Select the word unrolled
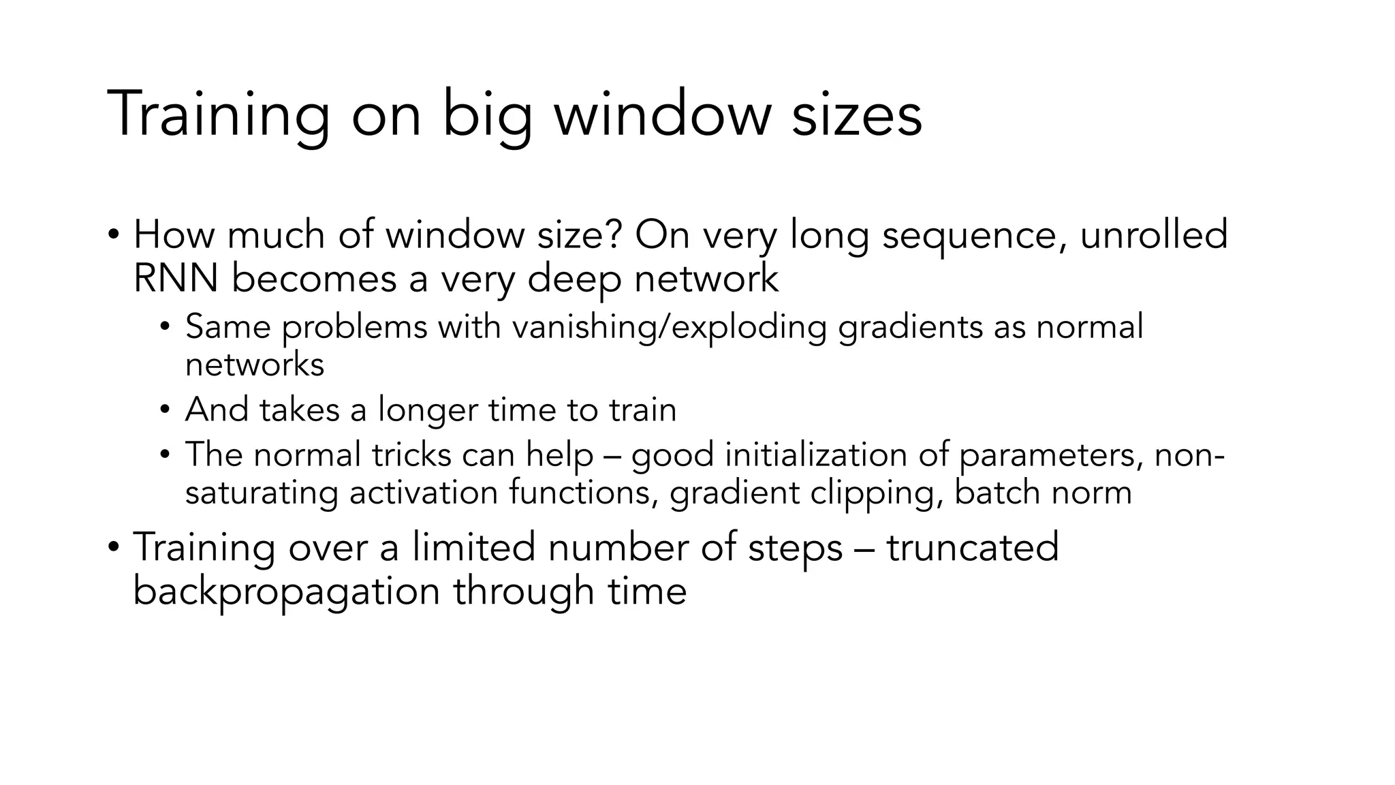(1154, 234)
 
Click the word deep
(574, 279)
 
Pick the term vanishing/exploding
(670, 327)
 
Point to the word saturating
(262, 493)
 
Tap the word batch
(997, 492)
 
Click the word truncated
(973, 547)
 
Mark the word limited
(473, 547)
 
